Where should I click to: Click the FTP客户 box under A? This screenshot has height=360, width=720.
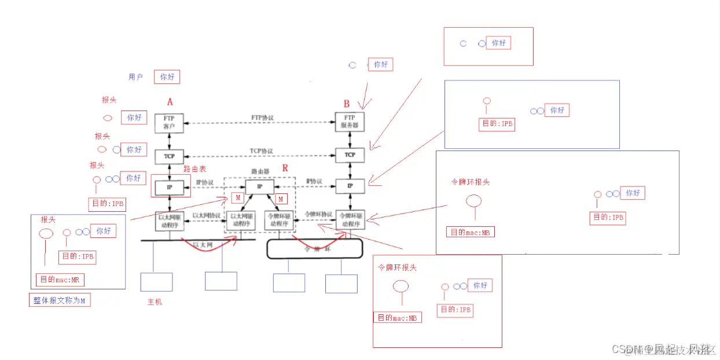click(x=168, y=122)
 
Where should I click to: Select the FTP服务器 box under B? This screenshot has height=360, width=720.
click(x=350, y=122)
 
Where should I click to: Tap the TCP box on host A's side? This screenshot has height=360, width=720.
click(x=168, y=156)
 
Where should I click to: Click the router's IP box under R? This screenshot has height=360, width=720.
click(x=259, y=186)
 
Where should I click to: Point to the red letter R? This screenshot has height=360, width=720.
click(x=285, y=168)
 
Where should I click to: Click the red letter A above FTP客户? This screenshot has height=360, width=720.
click(x=170, y=102)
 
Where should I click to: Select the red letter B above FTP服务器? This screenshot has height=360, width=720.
click(x=347, y=104)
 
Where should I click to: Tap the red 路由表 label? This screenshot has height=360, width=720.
click(x=195, y=170)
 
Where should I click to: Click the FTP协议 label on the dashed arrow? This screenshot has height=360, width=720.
click(x=262, y=117)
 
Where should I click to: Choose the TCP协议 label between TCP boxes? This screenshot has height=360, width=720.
click(x=261, y=151)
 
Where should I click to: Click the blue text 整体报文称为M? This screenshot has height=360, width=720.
click(x=60, y=300)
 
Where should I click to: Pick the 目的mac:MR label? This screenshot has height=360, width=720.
click(x=60, y=280)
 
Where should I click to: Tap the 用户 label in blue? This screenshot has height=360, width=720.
click(x=135, y=76)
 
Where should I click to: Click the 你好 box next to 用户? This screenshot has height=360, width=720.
click(x=167, y=76)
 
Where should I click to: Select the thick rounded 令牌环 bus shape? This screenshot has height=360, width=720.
click(x=314, y=249)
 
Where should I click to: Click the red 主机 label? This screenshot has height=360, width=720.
click(x=155, y=302)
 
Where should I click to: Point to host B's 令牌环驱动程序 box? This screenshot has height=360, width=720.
click(x=350, y=220)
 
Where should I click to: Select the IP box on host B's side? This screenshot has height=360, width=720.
click(x=350, y=186)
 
